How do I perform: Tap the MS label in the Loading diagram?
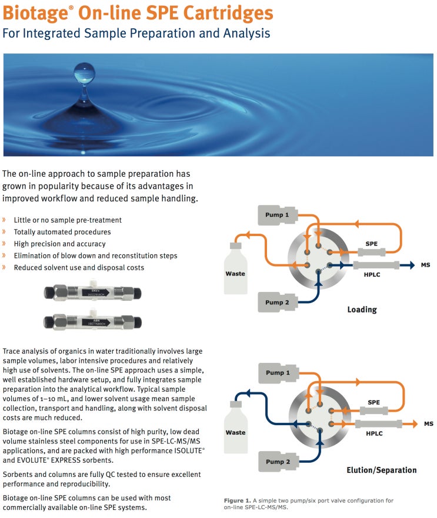[x=425, y=265]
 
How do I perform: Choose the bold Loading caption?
[x=362, y=310]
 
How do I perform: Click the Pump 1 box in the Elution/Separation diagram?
[x=279, y=373]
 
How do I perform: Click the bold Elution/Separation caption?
[x=381, y=470]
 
